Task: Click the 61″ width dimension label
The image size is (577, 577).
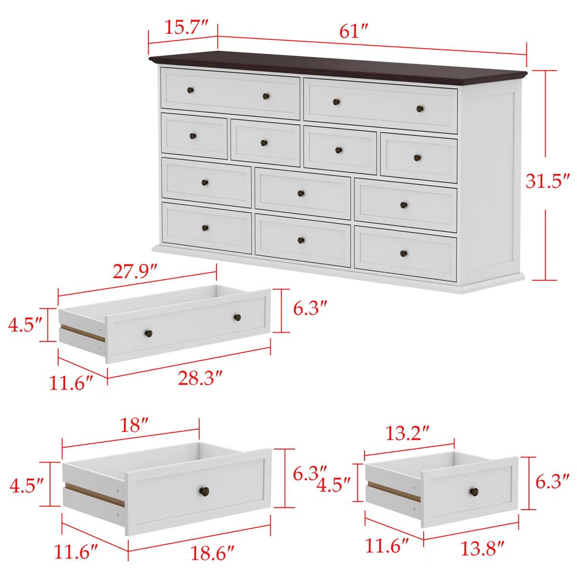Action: point(353,31)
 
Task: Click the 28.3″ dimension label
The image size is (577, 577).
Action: point(201,378)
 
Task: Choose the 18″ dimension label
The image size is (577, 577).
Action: point(134,426)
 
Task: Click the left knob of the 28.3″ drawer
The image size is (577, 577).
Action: point(149,333)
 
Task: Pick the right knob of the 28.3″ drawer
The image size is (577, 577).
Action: point(238,317)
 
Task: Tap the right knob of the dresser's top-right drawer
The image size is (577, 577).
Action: point(420,109)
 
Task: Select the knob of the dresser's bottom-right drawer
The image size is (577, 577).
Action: point(403,253)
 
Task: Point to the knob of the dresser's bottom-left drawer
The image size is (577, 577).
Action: point(205,228)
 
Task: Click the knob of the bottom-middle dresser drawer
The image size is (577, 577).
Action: point(301,240)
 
